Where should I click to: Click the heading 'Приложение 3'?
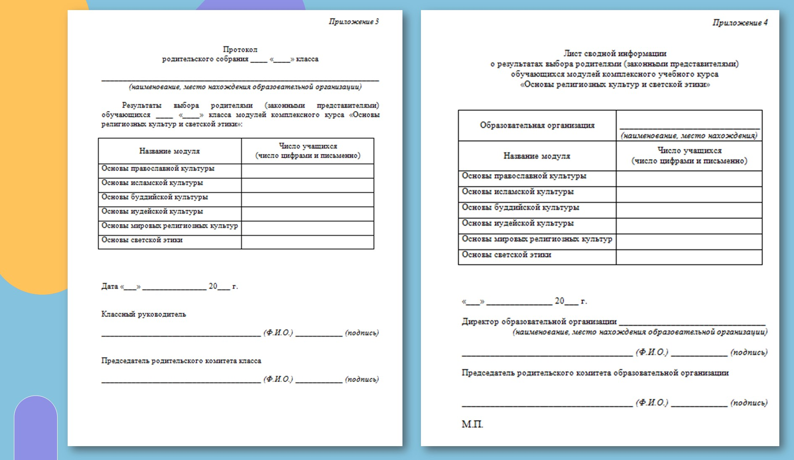(353, 22)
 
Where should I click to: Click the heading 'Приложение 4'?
(740, 23)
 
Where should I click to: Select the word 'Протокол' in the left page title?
(240, 50)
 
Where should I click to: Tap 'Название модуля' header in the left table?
(169, 151)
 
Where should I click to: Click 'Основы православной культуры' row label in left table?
(158, 169)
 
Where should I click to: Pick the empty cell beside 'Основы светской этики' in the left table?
(308, 242)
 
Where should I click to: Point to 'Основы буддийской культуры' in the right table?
(521, 208)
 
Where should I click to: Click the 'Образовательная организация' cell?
(537, 125)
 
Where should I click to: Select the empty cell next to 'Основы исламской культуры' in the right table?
(689, 194)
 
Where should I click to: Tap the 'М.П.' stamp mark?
(472, 424)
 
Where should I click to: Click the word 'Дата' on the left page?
(110, 286)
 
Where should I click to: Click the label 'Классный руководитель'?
(143, 314)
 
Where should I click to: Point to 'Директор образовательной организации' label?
(539, 322)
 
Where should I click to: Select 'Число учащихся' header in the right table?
(689, 151)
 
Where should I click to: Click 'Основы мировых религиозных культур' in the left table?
(169, 226)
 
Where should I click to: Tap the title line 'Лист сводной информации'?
(615, 54)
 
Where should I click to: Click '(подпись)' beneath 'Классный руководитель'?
(362, 333)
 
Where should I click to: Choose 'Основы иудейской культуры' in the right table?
(518, 223)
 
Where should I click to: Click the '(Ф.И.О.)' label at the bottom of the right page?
(652, 403)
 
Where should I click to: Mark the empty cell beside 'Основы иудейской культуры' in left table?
(308, 214)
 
